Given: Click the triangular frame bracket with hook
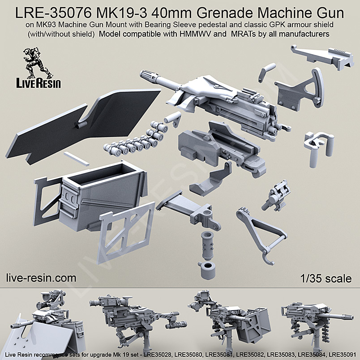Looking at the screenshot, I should (257, 231).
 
